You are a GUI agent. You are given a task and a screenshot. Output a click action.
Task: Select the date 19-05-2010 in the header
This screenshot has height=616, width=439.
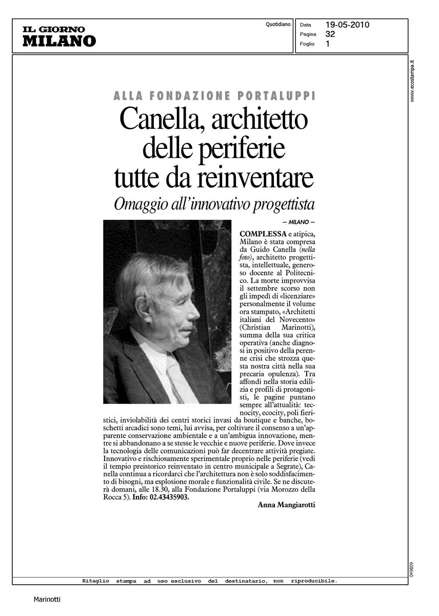[x=347, y=25]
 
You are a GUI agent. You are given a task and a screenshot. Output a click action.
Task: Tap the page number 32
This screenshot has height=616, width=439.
[x=330, y=34]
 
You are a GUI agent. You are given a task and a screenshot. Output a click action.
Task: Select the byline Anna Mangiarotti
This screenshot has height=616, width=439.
[x=286, y=505]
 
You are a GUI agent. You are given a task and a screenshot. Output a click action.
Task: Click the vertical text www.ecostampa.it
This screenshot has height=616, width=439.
[x=412, y=80]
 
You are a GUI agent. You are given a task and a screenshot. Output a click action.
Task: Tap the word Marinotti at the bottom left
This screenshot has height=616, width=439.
[x=48, y=599]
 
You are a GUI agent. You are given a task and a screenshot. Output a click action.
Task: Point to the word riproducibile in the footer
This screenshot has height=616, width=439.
[x=314, y=581]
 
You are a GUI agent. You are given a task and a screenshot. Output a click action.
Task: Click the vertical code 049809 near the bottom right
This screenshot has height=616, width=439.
[x=412, y=568]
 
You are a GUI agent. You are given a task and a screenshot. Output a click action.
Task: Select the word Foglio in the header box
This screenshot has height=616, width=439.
[x=307, y=44]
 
